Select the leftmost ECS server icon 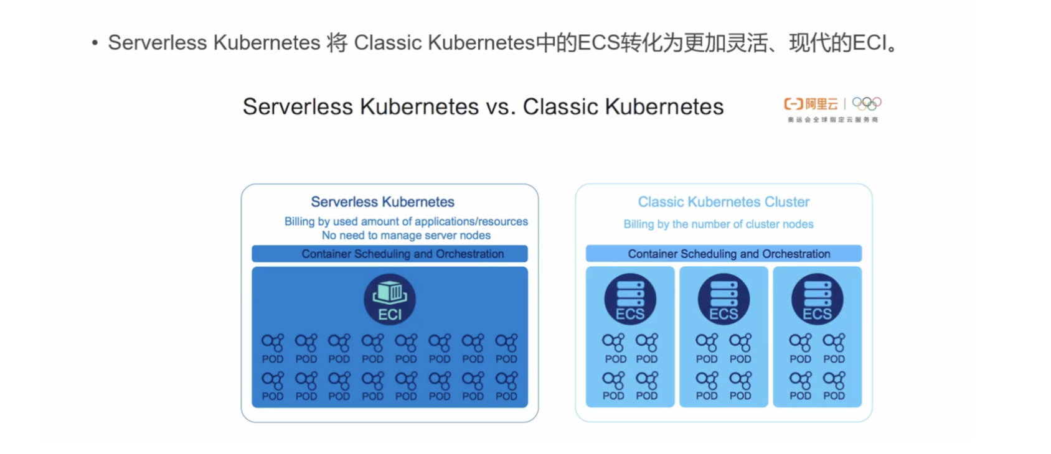coord(630,299)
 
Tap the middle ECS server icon coord(723,299)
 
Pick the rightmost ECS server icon coord(817,299)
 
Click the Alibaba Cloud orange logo coord(811,104)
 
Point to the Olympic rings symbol coord(867,103)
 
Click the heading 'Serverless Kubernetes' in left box coord(382,202)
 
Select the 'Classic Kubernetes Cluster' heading coord(723,202)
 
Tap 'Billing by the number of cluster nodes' coord(719,224)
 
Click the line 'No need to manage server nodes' coord(406,235)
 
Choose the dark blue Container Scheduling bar coord(390,254)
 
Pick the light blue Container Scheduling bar coord(723,254)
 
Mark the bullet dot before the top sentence coord(95,43)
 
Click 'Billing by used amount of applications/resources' coord(406,221)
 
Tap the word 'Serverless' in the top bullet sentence coord(157,43)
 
